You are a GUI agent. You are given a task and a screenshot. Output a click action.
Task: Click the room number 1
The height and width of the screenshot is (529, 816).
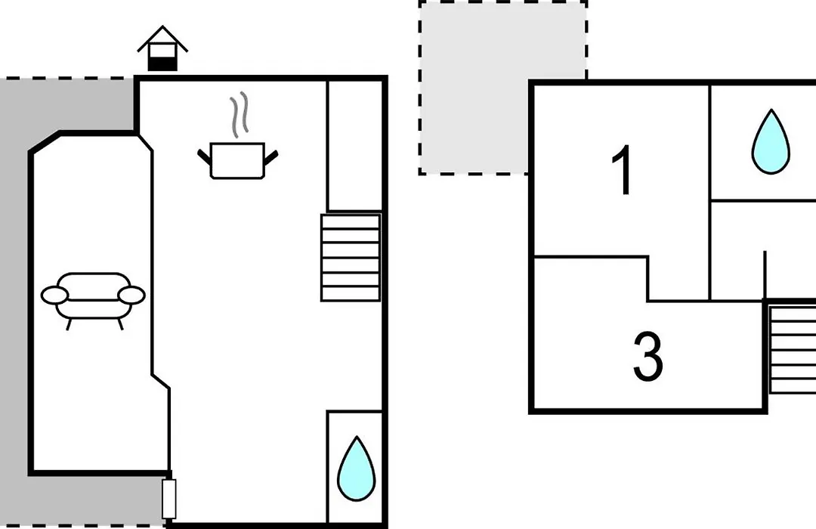pyautogui.click(x=622, y=170)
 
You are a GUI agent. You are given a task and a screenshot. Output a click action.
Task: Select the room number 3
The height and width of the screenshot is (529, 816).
pyautogui.click(x=648, y=357)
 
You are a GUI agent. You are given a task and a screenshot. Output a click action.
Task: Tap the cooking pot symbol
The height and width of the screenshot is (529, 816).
pyautogui.click(x=237, y=160)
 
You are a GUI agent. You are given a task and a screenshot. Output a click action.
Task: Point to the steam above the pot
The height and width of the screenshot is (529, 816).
pyautogui.click(x=240, y=115)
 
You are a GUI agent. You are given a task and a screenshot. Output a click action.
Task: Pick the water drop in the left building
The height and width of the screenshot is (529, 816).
pyautogui.click(x=356, y=469)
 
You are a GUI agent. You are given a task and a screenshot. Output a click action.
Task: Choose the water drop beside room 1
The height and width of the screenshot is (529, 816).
pyautogui.click(x=771, y=141)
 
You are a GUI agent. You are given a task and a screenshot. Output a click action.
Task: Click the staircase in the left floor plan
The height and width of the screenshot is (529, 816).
pyautogui.click(x=351, y=258)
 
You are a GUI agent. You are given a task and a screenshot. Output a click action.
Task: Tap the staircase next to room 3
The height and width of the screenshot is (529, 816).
pyautogui.click(x=792, y=349)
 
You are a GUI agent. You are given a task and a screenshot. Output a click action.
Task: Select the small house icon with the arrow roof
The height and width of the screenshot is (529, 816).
pyautogui.click(x=162, y=48)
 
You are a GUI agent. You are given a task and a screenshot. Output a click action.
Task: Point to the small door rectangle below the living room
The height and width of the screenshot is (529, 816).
pyautogui.click(x=168, y=499)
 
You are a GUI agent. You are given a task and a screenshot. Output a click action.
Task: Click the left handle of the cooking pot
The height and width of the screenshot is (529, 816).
pyautogui.click(x=204, y=156)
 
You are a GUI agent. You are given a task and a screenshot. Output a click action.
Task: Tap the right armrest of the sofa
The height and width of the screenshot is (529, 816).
pyautogui.click(x=131, y=295)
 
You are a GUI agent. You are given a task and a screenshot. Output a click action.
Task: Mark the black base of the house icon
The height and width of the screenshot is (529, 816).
pyautogui.click(x=162, y=64)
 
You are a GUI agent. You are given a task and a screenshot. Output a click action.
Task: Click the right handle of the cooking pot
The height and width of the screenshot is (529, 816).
pyautogui.click(x=271, y=156)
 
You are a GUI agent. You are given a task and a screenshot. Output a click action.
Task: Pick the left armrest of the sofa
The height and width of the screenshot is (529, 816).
pyautogui.click(x=54, y=295)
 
